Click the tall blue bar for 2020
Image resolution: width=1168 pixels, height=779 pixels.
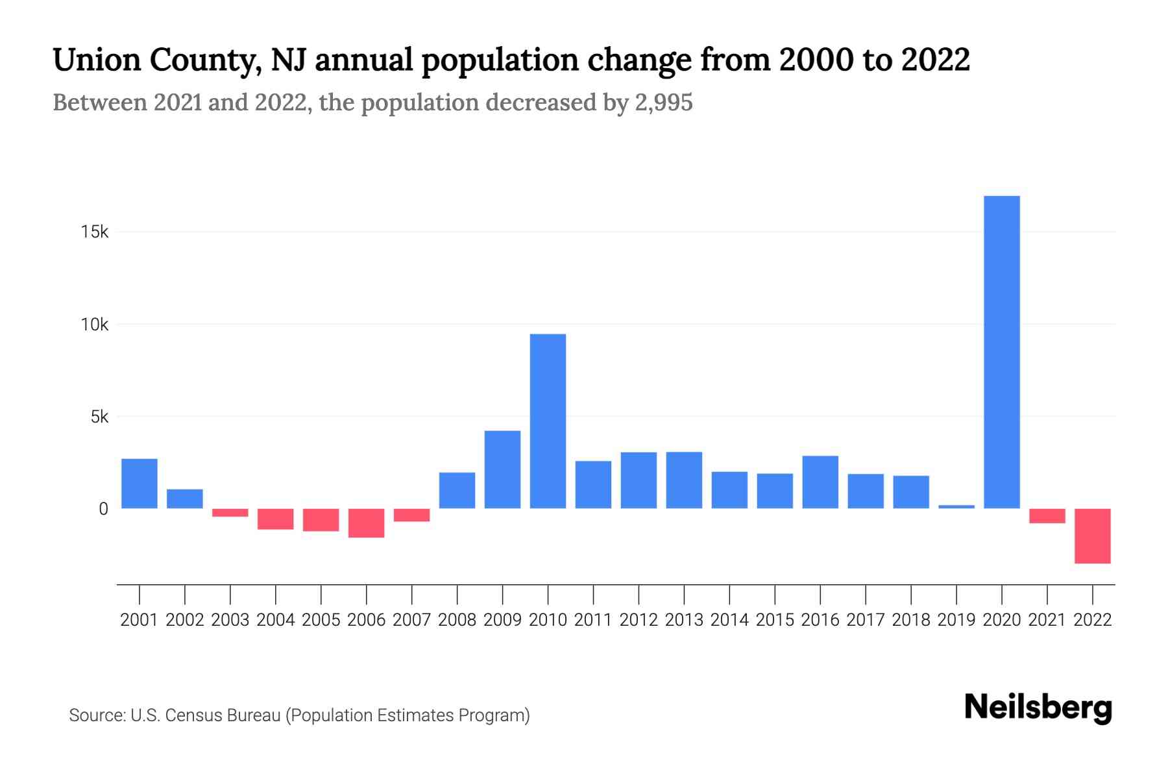click(1001, 352)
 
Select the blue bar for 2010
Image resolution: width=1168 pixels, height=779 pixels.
click(548, 421)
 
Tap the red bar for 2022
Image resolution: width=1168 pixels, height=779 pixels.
click(1092, 536)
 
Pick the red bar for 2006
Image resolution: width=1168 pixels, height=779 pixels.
click(366, 523)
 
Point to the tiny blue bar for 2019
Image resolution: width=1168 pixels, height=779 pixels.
click(956, 506)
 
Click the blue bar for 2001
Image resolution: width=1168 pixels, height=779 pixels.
click(140, 484)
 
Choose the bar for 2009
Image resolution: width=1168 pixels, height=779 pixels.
click(502, 469)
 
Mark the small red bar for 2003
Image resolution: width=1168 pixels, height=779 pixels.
click(230, 513)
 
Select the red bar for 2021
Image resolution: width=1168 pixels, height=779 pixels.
click(1047, 516)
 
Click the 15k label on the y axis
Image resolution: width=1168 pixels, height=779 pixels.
click(95, 232)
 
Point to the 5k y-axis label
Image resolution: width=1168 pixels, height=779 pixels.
click(99, 417)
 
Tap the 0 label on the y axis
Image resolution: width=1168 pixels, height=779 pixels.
click(103, 509)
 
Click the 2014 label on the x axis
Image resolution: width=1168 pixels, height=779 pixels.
click(729, 620)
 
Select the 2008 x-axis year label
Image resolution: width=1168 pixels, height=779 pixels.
click(457, 620)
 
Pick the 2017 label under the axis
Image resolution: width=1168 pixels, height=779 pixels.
click(865, 620)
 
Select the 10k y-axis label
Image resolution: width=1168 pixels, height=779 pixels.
click(95, 324)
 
